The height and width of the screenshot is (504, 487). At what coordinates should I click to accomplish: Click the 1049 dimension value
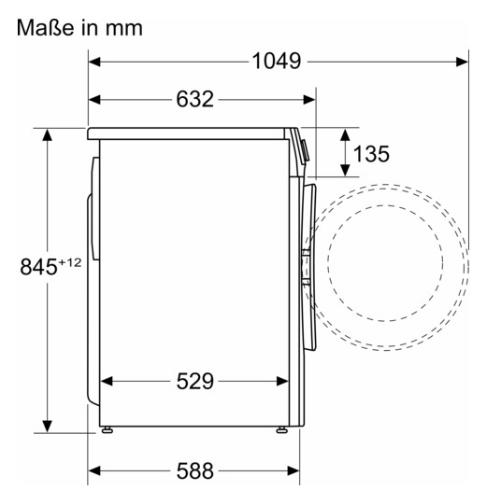[276, 61]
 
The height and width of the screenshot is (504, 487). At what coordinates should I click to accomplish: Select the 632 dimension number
[194, 99]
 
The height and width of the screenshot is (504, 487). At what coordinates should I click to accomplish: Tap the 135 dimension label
[371, 153]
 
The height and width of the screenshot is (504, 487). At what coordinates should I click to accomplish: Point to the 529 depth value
[194, 381]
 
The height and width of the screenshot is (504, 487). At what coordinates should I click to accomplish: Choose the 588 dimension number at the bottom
[194, 471]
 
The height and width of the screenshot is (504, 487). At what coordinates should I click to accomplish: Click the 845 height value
[38, 266]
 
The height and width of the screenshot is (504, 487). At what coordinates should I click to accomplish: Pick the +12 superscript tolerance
[70, 262]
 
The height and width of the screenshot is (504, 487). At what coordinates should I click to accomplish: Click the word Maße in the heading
[46, 28]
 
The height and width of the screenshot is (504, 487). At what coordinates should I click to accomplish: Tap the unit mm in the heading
[124, 29]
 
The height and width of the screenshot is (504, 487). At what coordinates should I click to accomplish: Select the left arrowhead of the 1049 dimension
[94, 62]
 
